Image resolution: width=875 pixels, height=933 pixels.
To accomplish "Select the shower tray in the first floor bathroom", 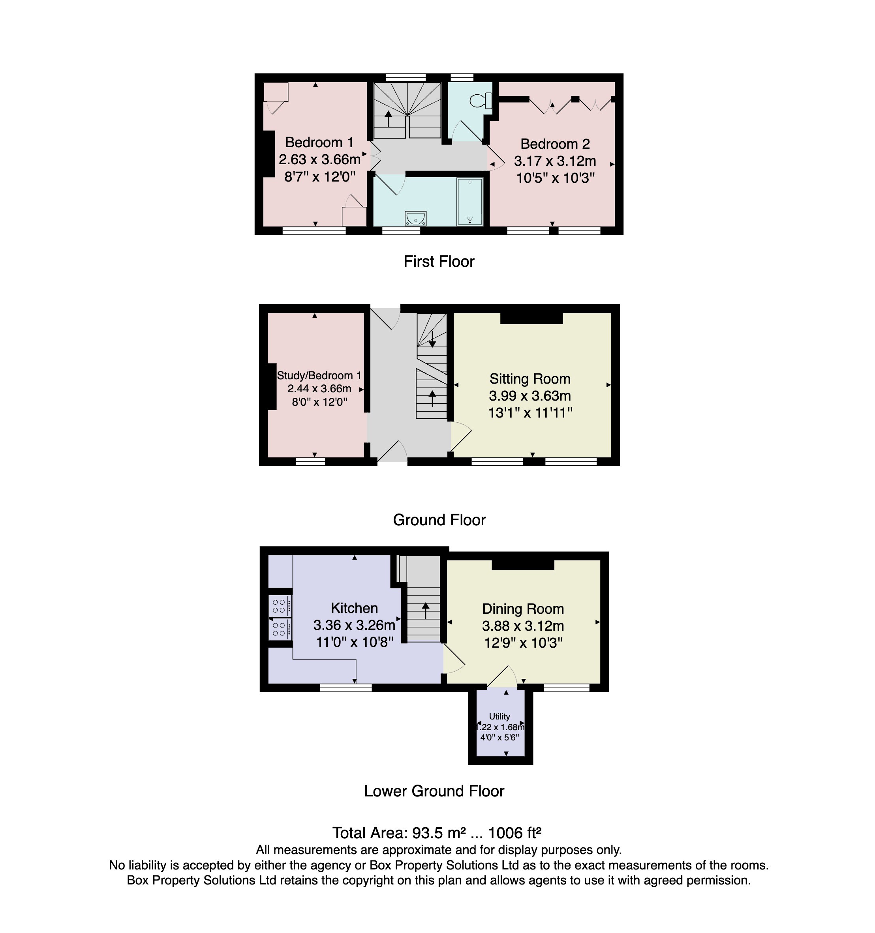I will pos(470,201).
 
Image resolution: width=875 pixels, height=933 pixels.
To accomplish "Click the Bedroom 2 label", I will pos(555,144).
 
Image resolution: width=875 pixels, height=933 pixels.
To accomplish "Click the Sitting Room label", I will pos(530,379).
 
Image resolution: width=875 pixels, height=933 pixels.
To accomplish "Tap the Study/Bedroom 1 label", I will pos(319,375).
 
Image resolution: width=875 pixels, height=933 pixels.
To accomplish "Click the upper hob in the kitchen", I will pos(279,606).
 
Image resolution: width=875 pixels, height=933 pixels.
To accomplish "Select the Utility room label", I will pos(499,717).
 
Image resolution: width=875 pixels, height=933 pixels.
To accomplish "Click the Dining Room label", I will pos(523,609).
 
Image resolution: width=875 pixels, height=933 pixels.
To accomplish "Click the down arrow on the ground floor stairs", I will pos(432,339).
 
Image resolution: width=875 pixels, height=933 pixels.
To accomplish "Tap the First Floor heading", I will pos(439,261).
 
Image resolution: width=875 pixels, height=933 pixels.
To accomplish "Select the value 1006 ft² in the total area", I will pos(515,833).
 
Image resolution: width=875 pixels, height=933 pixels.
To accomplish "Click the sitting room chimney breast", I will pos(531,318).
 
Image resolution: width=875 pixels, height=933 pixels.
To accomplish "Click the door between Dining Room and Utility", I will pos(501,676).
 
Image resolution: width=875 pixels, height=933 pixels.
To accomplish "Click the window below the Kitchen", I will pos(345,688).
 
